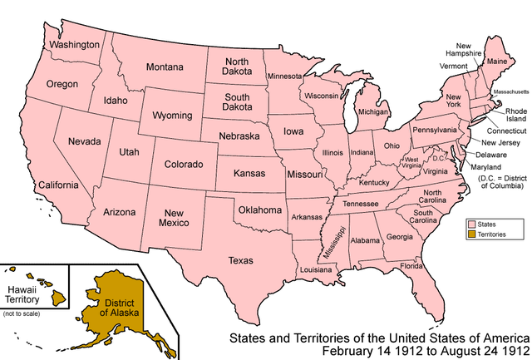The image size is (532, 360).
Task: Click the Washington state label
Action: point(74,43)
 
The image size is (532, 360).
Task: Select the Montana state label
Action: point(165,67)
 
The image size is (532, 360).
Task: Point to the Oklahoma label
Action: point(260,210)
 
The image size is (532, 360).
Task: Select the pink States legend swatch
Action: point(470,224)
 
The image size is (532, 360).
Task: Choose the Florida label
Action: point(411,266)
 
